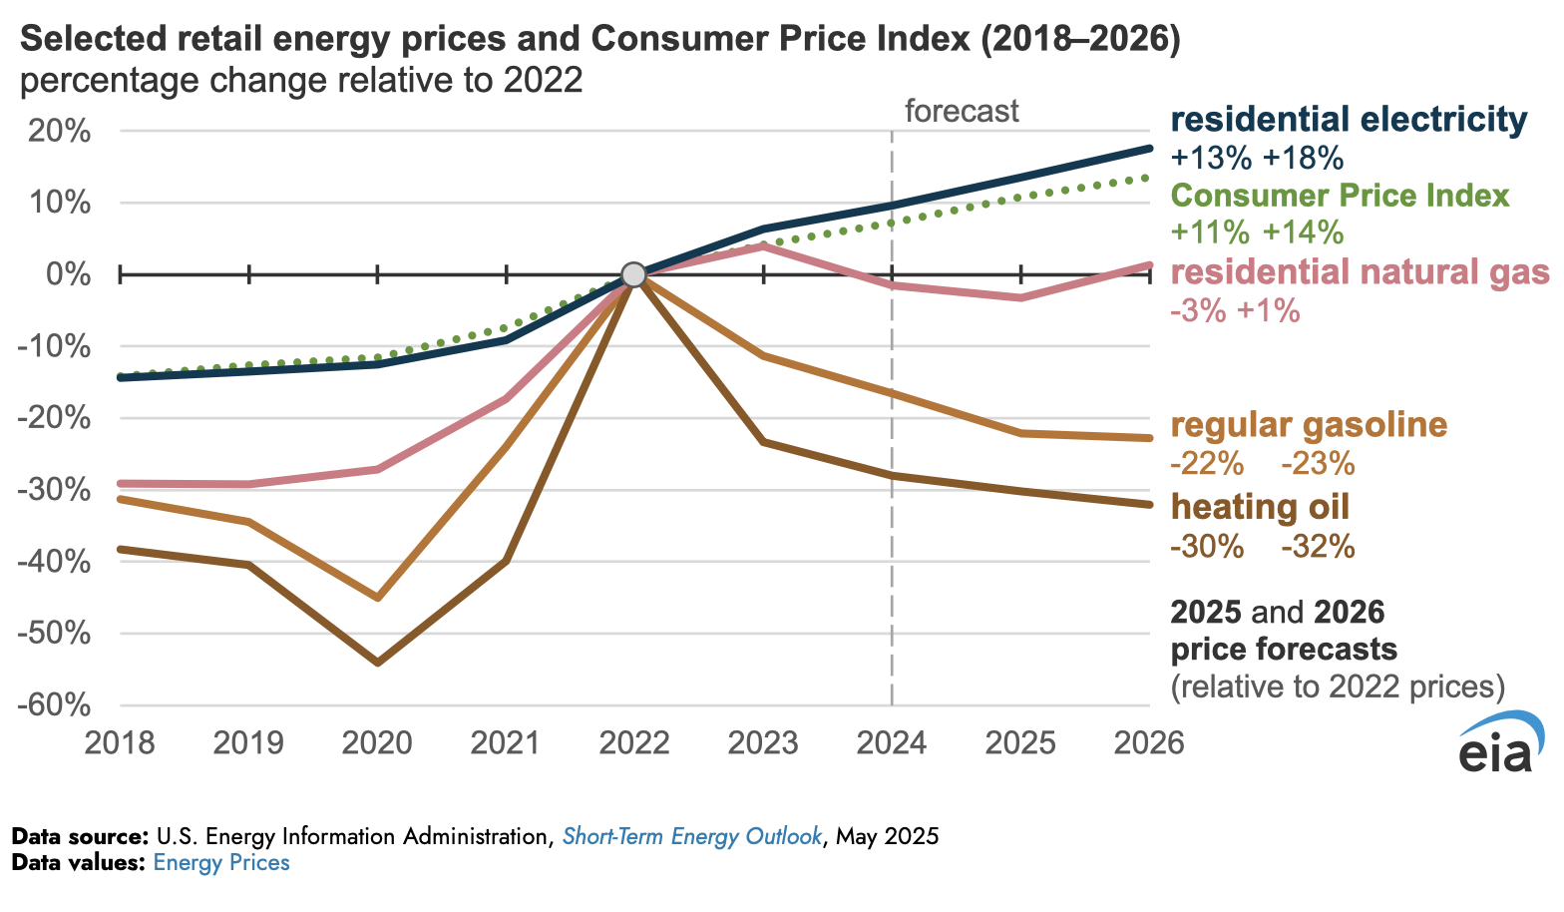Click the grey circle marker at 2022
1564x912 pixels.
(x=632, y=274)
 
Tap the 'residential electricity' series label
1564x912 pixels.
(x=1349, y=120)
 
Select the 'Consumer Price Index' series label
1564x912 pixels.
(x=1340, y=196)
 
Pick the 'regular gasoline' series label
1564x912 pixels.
(x=1309, y=425)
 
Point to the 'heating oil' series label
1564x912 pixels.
(x=1260, y=507)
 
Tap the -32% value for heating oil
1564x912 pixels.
(x=1318, y=547)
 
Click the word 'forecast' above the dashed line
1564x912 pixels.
(x=962, y=111)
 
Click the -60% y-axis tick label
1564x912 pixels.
(x=57, y=705)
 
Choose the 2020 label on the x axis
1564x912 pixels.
(x=377, y=743)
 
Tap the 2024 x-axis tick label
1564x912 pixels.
(x=891, y=743)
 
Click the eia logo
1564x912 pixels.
(x=1501, y=743)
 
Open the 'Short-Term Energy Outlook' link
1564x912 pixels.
(x=692, y=836)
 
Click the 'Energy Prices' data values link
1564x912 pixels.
(x=221, y=863)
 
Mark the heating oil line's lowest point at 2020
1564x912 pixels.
(x=378, y=663)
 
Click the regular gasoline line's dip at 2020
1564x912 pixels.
(x=378, y=598)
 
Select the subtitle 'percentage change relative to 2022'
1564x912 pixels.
(x=301, y=80)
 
